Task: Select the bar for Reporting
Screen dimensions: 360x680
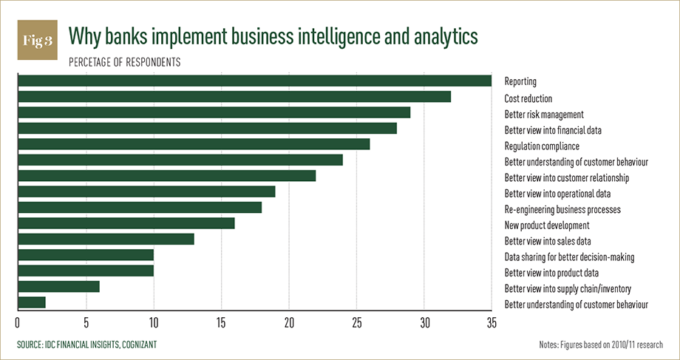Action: tap(254, 81)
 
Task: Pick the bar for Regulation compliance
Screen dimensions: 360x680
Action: tap(193, 144)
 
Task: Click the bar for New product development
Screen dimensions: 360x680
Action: tap(126, 223)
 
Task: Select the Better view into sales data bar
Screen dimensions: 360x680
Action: tap(106, 239)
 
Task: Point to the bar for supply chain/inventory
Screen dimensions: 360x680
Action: tap(58, 287)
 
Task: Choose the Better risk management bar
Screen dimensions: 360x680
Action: tap(214, 112)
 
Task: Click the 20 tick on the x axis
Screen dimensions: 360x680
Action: tap(288, 322)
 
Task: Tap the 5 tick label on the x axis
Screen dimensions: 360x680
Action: tap(86, 322)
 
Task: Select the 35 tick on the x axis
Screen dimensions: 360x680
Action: tap(491, 322)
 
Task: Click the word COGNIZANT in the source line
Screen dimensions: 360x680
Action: tap(136, 345)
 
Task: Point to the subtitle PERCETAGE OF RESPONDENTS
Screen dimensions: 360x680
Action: tap(124, 62)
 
